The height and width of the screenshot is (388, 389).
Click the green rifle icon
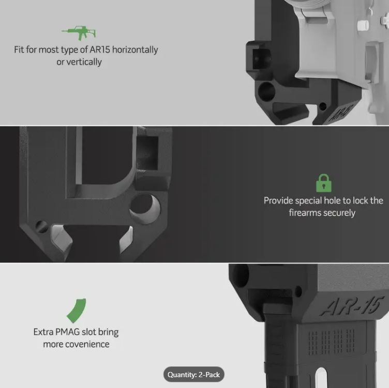pyautogui.click(x=79, y=34)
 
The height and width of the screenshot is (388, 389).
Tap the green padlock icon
pyautogui.click(x=324, y=183)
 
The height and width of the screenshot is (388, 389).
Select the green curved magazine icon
pyautogui.click(x=76, y=310)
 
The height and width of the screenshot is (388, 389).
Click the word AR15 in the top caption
pyautogui.click(x=97, y=50)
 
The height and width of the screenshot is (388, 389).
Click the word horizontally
pyautogui.click(x=133, y=50)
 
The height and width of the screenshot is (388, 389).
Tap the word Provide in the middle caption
pyautogui.click(x=278, y=200)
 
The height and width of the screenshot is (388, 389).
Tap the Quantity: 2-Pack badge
pyautogui.click(x=194, y=375)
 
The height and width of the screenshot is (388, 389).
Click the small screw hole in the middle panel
pyautogui.click(x=42, y=226)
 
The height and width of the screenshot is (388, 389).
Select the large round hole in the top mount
pyautogui.click(x=267, y=91)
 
